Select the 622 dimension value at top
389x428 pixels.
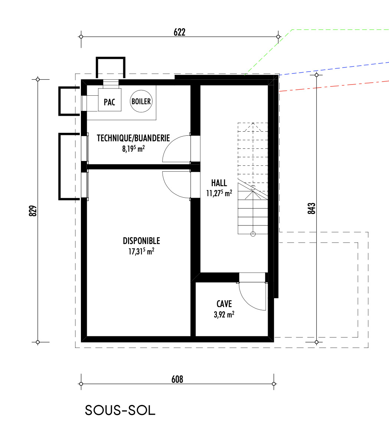180,32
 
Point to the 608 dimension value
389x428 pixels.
177,379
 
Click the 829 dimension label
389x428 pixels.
33,211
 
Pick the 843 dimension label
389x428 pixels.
311,208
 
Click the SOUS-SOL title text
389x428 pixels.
120,410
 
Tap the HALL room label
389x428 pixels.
219,183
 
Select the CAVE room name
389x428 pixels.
224,304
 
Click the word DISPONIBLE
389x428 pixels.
141,241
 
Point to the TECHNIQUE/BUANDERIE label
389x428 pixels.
133,138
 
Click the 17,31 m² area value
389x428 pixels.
141,251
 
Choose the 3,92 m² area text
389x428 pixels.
224,315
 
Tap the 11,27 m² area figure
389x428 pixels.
219,193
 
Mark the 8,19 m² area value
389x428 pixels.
133,149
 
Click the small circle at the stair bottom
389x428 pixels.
253,234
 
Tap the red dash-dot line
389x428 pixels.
334,86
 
